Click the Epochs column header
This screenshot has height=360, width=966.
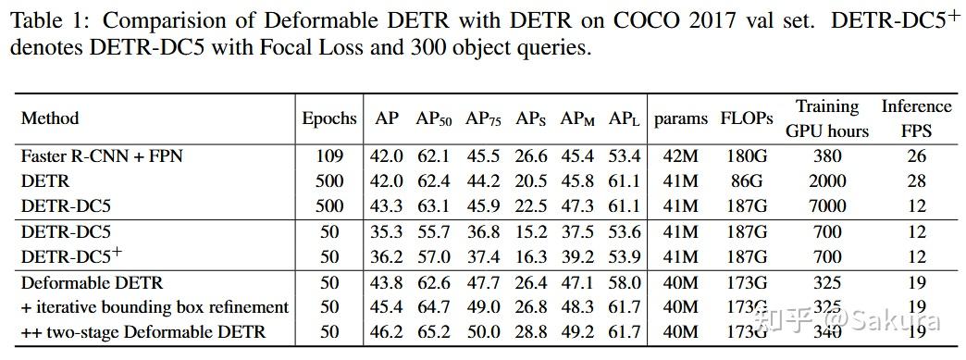click(x=328, y=118)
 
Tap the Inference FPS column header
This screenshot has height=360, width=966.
click(x=916, y=118)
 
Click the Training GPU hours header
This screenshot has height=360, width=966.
click(x=827, y=118)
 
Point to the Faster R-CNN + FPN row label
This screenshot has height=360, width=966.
click(x=102, y=156)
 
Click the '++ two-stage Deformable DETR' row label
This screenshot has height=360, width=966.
click(x=143, y=331)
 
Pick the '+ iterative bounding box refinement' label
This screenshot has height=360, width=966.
click(x=155, y=307)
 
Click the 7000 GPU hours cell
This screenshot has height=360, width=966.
click(x=827, y=205)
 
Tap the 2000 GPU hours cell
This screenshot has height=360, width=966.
click(x=827, y=180)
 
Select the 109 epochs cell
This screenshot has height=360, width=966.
click(x=328, y=156)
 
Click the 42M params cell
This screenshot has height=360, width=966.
click(x=680, y=156)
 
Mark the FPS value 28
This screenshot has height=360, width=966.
click(x=916, y=180)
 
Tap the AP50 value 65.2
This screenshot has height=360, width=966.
click(x=435, y=331)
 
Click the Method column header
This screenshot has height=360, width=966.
click(x=50, y=118)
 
